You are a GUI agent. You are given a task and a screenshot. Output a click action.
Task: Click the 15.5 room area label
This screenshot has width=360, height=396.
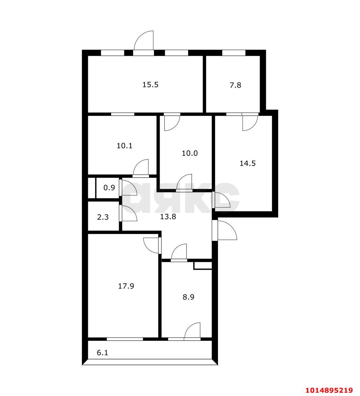point(150,84)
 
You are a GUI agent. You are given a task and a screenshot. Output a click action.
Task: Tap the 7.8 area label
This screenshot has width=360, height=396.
point(235,85)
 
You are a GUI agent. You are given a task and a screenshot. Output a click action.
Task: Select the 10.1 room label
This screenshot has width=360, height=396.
point(125,145)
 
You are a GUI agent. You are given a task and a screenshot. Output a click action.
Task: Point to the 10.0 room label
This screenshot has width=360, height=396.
point(190,153)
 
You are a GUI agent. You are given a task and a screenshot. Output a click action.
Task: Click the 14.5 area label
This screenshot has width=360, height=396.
point(247,163)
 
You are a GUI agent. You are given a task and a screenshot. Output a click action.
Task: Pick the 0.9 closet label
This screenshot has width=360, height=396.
point(109,187)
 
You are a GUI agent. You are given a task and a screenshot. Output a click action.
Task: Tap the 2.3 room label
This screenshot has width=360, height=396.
point(103,217)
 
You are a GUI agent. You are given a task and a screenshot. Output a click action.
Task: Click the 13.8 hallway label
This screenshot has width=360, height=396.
point(168,217)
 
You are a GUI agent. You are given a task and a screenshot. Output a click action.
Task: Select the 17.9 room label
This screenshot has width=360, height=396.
point(126,286)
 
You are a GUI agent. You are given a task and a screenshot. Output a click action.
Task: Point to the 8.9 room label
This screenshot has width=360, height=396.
point(188,297)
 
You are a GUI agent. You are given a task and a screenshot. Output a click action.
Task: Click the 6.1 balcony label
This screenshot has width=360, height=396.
point(102,352)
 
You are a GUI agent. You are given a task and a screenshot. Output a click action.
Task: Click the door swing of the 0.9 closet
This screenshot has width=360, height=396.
point(129,187)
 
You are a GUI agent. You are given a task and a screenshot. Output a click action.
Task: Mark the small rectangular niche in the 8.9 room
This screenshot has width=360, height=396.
point(203,265)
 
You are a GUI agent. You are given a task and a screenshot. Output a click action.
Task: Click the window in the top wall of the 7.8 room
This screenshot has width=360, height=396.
point(234,53)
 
